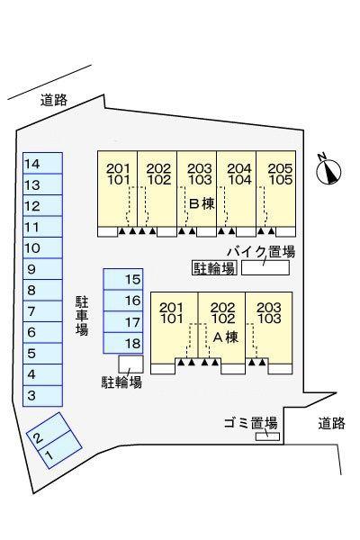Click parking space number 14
coord(42,163)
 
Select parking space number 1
coord(60,451)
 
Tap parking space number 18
coord(123,343)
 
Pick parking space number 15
coord(123,279)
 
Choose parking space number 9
coord(42,269)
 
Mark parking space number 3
coord(42,396)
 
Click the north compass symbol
coord(329,170)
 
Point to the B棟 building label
coord(202,204)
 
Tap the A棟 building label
coord(226,337)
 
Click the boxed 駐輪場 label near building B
coord(214,268)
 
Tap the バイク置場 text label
coord(261,252)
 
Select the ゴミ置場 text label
coord(251,423)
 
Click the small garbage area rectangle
coord(267,436)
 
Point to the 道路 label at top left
coord(54,100)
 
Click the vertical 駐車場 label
coord(82,316)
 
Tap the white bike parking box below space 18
coord(130,364)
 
